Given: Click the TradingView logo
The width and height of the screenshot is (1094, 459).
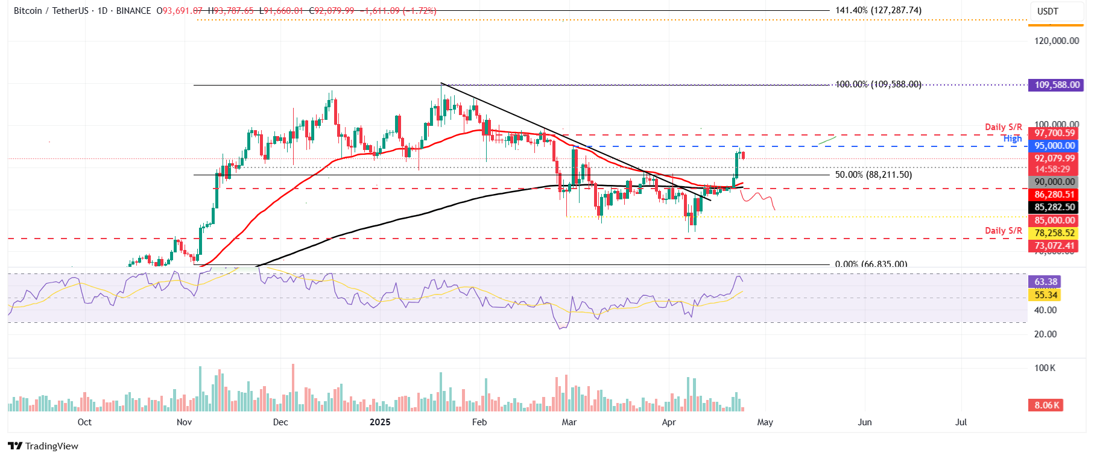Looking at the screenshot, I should pyautogui.click(x=43, y=446).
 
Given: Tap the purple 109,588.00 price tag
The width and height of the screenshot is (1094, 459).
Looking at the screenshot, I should pyautogui.click(x=1057, y=85).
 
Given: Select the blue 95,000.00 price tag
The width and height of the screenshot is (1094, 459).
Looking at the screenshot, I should pyautogui.click(x=1054, y=146).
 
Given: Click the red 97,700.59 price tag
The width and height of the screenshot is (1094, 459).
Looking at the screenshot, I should pyautogui.click(x=1054, y=133).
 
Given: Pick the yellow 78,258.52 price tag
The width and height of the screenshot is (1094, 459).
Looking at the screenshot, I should pyautogui.click(x=1054, y=233).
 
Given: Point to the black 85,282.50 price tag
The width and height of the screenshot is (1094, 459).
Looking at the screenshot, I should pyautogui.click(x=1054, y=207).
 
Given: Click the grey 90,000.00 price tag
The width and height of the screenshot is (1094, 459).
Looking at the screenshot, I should pyautogui.click(x=1054, y=182).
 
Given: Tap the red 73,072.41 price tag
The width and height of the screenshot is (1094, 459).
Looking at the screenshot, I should pyautogui.click(x=1054, y=246).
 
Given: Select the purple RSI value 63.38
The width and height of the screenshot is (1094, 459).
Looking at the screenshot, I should pyautogui.click(x=1046, y=282).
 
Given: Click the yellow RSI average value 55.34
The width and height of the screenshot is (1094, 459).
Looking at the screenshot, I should pyautogui.click(x=1046, y=295).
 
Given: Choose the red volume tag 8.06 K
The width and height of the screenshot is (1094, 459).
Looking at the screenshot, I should pyautogui.click(x=1046, y=405).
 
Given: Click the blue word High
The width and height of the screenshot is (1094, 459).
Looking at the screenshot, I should pyautogui.click(x=1013, y=139).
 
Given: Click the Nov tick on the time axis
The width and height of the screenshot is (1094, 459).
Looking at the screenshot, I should pyautogui.click(x=185, y=422).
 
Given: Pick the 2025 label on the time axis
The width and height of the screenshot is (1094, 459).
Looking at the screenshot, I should pyautogui.click(x=380, y=422).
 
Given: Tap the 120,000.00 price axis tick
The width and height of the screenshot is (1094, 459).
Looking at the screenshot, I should pyautogui.click(x=1057, y=41).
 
